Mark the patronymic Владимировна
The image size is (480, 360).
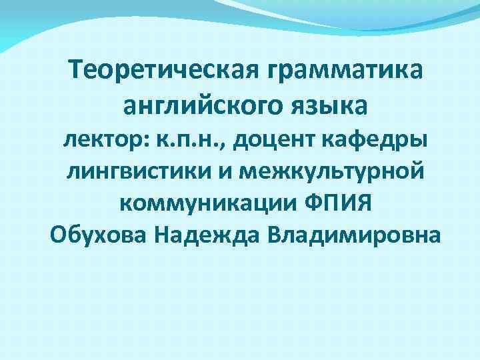353,235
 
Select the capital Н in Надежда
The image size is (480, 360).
163,235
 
